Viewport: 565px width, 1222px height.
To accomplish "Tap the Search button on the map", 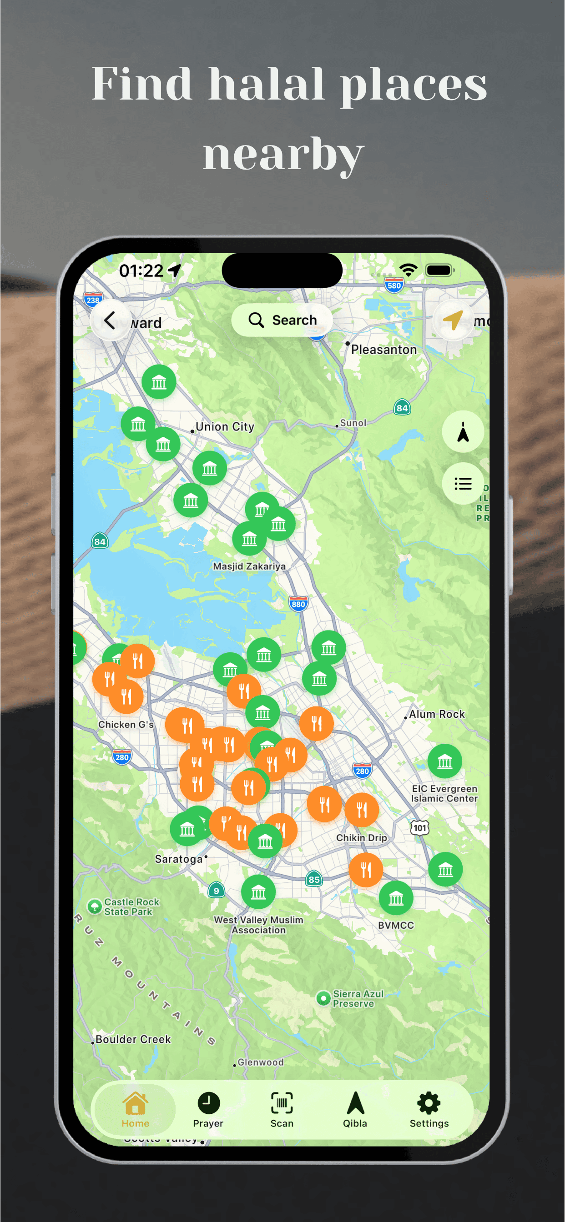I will click(282, 320).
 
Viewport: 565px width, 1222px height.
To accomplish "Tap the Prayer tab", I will click(208, 1111).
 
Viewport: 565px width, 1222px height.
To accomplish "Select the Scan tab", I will click(282, 1111).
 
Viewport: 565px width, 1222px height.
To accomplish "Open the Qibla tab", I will click(355, 1111).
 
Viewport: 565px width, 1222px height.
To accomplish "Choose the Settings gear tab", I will click(429, 1111).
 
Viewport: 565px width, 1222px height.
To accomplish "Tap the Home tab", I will click(135, 1111).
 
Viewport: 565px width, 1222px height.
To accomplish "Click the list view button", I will click(463, 484).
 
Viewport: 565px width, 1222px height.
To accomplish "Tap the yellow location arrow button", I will click(454, 320).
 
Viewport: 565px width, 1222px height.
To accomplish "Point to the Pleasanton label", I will click(383, 350).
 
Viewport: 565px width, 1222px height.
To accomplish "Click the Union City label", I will click(225, 427).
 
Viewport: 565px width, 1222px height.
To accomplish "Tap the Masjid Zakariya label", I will click(249, 566).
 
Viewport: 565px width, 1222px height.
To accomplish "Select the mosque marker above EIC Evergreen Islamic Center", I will click(445, 761).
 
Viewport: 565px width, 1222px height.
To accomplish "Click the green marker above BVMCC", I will click(396, 897).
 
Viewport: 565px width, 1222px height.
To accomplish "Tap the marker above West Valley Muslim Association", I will click(258, 892).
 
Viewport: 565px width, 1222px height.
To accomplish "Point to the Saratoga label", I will click(179, 859).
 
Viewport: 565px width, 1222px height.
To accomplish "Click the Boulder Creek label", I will click(133, 1039).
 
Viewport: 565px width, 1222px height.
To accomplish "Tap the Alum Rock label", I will click(437, 714).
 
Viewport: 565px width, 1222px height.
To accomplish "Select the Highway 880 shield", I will click(298, 604).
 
